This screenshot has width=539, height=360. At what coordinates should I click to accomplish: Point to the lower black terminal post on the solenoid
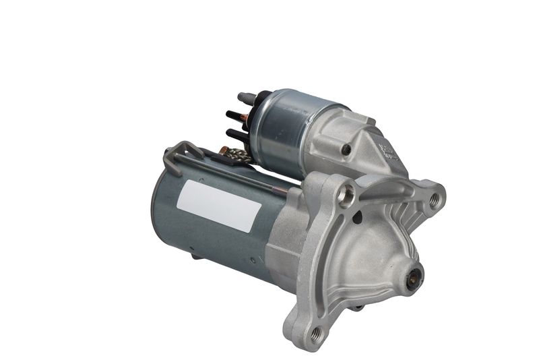pos(232,133)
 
